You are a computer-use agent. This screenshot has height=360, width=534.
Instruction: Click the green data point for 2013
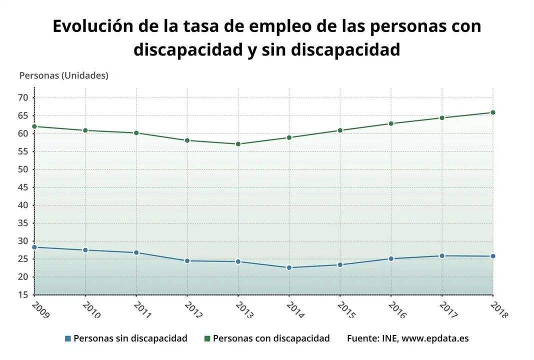(x=238, y=144)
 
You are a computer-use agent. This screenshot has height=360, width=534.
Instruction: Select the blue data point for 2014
(x=289, y=267)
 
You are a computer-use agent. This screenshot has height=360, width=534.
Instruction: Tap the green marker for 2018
(x=492, y=112)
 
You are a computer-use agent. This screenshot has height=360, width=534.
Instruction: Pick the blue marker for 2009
(x=34, y=247)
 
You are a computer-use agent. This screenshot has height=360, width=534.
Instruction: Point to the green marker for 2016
(x=391, y=123)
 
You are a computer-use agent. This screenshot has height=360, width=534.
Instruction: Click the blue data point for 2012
(x=187, y=261)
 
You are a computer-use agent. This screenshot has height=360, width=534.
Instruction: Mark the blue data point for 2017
(x=442, y=256)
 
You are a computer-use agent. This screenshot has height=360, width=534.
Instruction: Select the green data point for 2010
(x=85, y=130)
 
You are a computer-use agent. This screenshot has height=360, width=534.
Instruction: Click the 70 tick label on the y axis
(x=22, y=97)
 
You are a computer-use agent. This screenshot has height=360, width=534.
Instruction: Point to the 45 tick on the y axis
(x=22, y=187)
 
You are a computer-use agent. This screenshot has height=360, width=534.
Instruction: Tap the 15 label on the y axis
(x=22, y=295)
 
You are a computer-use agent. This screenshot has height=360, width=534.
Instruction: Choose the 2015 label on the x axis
(x=346, y=309)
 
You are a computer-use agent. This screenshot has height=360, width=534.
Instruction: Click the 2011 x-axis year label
(x=142, y=309)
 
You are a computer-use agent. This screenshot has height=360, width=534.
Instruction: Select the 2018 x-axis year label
(x=499, y=309)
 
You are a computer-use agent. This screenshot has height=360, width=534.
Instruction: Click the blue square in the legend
(x=67, y=338)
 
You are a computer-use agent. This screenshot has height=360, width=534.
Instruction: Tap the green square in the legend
(x=207, y=338)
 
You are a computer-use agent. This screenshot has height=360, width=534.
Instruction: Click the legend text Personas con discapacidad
(x=271, y=338)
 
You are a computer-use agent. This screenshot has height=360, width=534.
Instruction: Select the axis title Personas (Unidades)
(x=63, y=75)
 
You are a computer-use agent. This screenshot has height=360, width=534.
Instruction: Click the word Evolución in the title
(x=92, y=26)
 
